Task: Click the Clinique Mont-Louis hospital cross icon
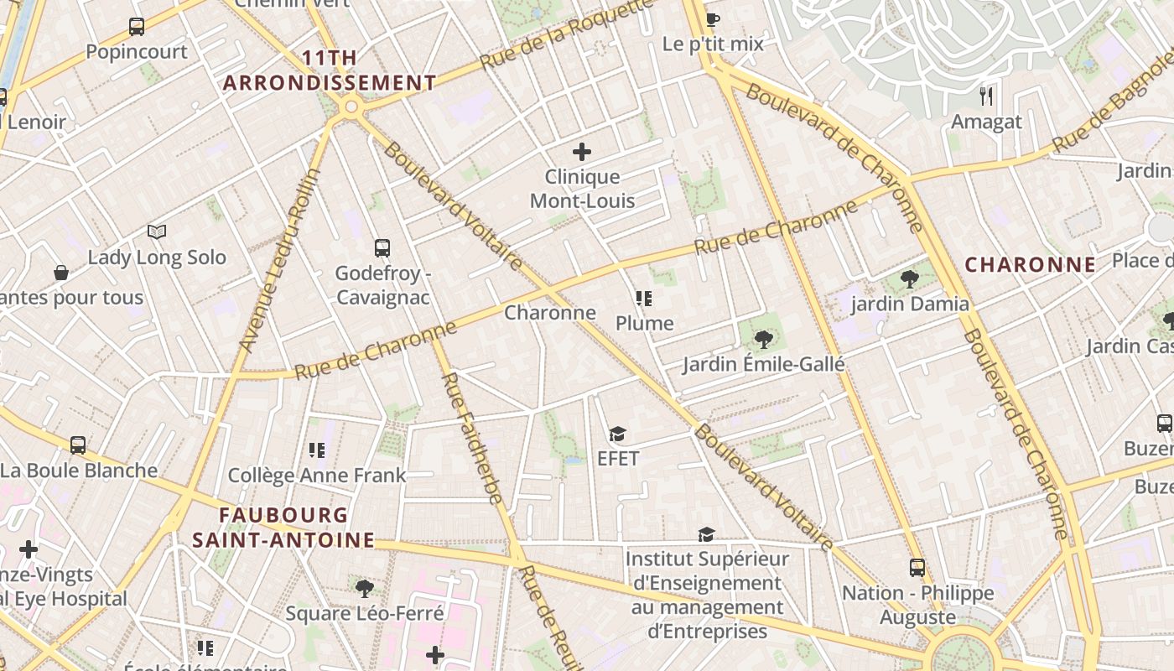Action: (582, 152)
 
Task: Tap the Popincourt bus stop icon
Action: (137, 27)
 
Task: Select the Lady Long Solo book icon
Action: (157, 231)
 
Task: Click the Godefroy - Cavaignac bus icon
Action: (382, 248)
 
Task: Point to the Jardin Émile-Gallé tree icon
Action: (763, 339)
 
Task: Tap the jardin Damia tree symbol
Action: (909, 279)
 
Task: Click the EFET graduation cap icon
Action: (618, 434)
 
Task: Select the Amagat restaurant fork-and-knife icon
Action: (986, 96)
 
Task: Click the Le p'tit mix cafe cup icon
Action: (713, 19)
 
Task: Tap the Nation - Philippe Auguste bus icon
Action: (917, 568)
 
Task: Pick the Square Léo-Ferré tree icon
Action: (364, 588)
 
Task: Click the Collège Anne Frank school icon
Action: (317, 450)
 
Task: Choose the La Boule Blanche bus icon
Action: (78, 445)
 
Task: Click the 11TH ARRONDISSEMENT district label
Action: (330, 70)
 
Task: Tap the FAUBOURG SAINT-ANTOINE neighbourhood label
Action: (283, 527)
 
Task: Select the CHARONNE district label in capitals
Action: (1030, 265)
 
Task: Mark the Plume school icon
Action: (644, 299)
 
